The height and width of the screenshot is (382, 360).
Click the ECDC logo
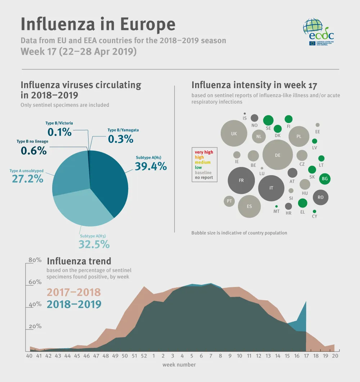pyautogui.click(x=318, y=33)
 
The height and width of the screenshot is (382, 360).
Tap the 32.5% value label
pyautogui.click(x=94, y=244)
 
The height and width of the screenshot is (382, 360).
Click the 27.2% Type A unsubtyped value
pyautogui.click(x=28, y=178)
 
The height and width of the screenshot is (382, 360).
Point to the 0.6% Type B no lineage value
pyautogui.click(x=33, y=150)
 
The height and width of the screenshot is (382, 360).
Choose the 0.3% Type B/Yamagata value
pyautogui.click(x=121, y=139)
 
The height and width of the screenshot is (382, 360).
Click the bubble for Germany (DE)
pyautogui.click(x=277, y=155)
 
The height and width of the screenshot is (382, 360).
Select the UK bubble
pyautogui.click(x=234, y=133)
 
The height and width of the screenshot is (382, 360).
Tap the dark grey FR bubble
pyautogui.click(x=241, y=180)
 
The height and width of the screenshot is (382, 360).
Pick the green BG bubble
pyautogui.click(x=325, y=178)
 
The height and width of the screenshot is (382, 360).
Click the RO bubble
pyautogui.click(x=320, y=197)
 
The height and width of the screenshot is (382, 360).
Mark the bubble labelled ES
pyautogui.click(x=249, y=206)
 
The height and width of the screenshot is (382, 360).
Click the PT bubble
pyautogui.click(x=229, y=201)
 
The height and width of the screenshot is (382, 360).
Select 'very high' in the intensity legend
pyautogui.click(x=204, y=152)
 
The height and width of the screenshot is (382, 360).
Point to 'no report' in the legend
pyautogui.click(x=204, y=177)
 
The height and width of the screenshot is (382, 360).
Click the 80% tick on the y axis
pyautogui.click(x=35, y=260)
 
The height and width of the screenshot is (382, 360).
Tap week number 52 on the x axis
pyautogui.click(x=144, y=356)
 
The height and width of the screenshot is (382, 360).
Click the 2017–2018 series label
pyautogui.click(x=74, y=292)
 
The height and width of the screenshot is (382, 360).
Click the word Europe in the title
pyautogui.click(x=148, y=24)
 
